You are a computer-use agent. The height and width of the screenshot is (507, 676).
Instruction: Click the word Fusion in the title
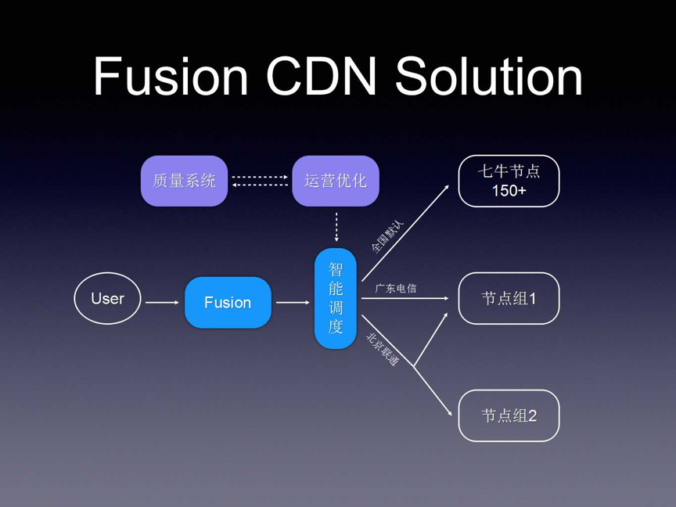171,77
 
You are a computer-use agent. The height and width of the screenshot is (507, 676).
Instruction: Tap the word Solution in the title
489,77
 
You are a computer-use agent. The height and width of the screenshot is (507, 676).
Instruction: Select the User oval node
108,299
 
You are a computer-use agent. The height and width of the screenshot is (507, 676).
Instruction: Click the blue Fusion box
228,302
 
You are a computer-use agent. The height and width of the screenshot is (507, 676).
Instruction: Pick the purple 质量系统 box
184,181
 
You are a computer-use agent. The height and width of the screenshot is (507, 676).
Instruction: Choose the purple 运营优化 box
335,181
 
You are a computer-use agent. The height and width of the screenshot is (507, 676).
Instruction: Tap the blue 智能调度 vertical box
336,298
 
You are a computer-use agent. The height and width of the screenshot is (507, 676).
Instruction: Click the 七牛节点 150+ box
509,181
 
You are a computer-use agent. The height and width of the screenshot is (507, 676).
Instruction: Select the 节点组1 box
509,298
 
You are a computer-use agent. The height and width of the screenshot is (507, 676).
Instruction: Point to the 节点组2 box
509,415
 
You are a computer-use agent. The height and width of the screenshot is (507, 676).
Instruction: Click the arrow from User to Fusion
162,302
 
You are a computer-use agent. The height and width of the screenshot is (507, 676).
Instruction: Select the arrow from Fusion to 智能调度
293,302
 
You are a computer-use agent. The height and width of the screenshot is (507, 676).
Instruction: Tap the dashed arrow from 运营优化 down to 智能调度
336,227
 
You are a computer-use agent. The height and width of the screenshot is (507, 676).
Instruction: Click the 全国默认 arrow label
387,236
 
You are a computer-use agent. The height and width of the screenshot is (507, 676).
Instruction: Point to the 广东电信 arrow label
396,289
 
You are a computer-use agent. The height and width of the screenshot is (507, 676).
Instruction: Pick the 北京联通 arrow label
383,350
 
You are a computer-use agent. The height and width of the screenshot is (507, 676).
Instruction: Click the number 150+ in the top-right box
509,191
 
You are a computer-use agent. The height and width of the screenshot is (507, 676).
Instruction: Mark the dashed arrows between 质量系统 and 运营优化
260,181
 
